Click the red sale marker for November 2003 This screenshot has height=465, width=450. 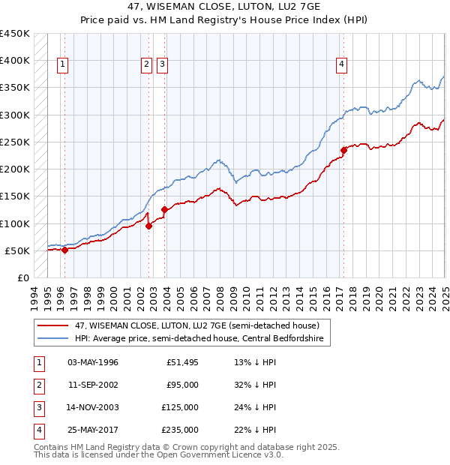[164, 209]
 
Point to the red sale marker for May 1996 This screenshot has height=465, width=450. [64, 250]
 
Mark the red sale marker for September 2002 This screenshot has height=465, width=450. [148, 226]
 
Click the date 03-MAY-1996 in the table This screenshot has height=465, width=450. [93, 362]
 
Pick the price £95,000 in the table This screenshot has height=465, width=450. [182, 385]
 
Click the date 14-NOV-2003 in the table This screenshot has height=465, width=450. [93, 407]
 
